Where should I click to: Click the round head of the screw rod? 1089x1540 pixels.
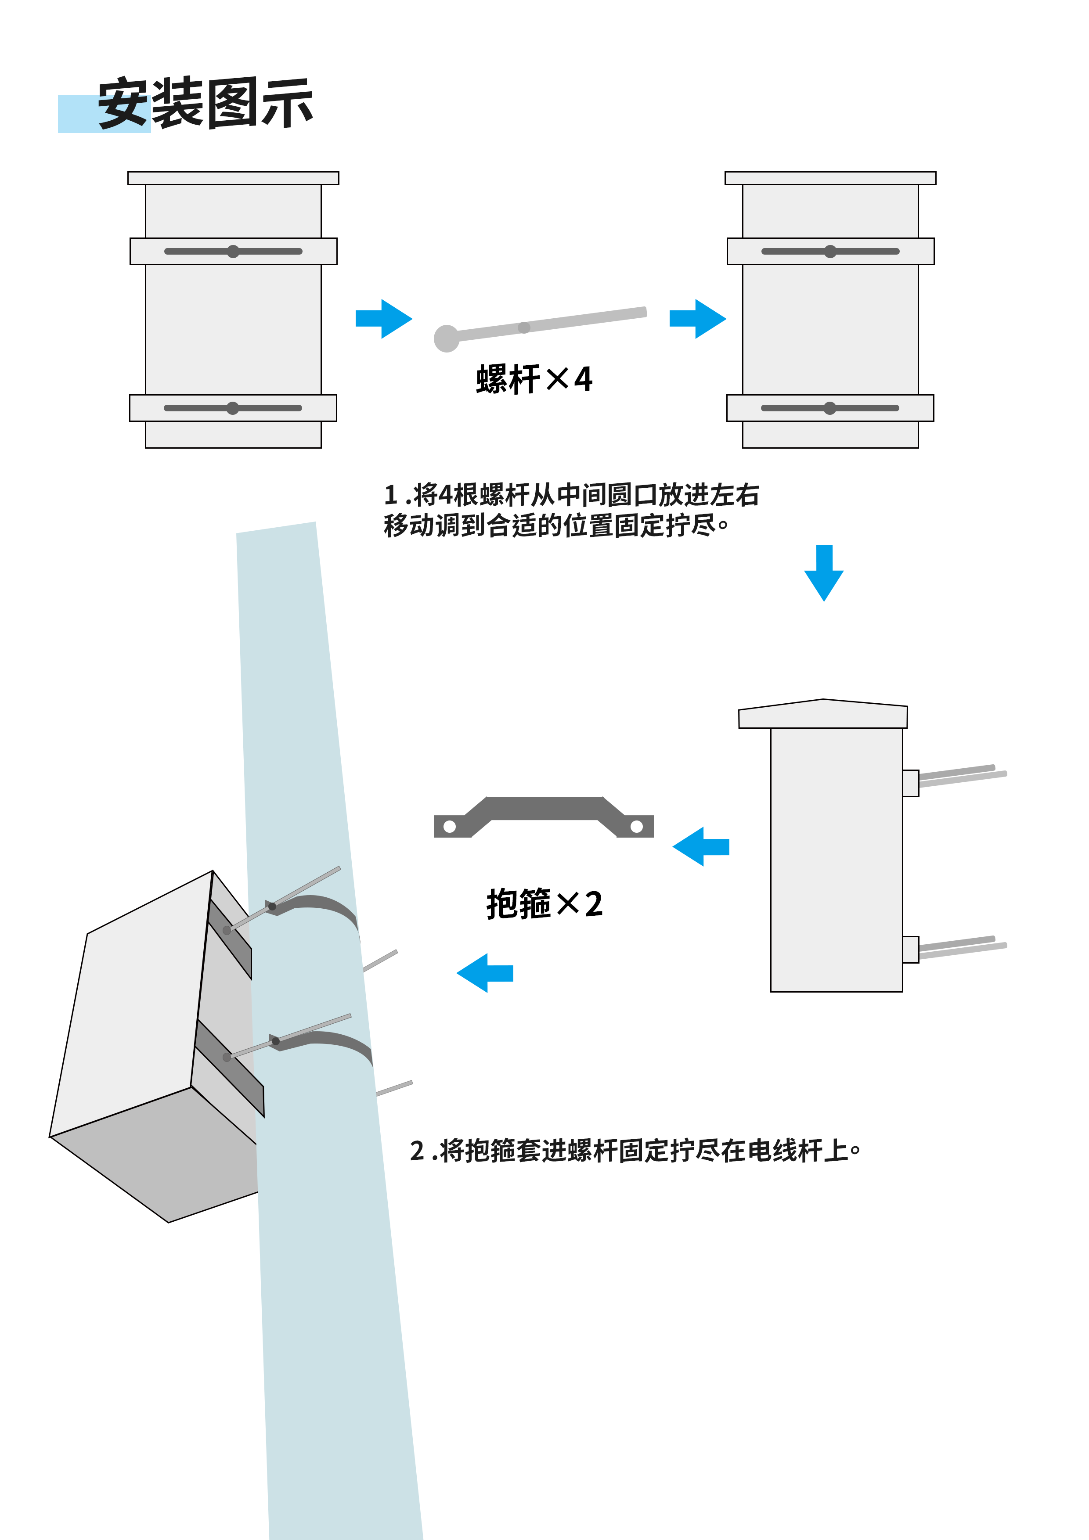click(446, 338)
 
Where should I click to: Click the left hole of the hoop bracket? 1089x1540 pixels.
click(450, 826)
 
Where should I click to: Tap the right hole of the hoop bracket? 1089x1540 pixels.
click(637, 826)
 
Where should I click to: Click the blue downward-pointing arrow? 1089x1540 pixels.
click(823, 573)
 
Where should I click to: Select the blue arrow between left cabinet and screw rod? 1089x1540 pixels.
click(383, 319)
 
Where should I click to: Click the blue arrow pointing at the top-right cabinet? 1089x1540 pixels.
click(697, 319)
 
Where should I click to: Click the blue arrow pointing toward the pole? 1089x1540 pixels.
click(484, 972)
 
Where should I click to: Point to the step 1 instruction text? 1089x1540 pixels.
click(570, 510)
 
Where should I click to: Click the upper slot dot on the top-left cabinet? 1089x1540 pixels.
click(233, 252)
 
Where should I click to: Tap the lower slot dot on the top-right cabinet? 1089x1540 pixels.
click(829, 408)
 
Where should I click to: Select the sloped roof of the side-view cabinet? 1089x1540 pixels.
click(822, 714)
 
